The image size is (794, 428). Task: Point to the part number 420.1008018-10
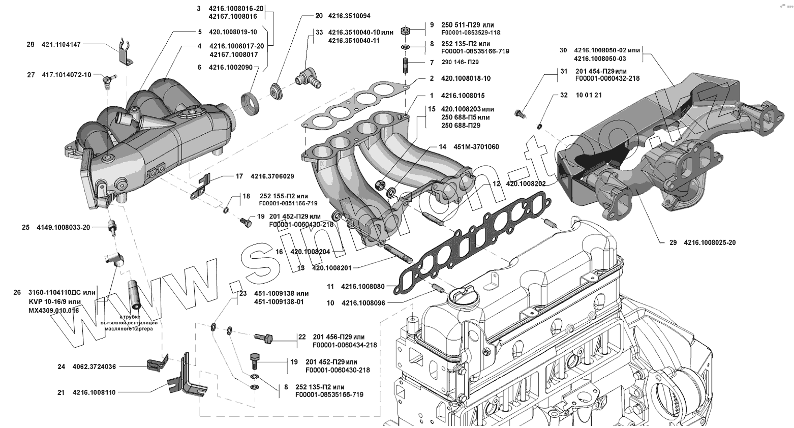(x=466, y=79)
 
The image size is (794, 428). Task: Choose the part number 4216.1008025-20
(x=710, y=242)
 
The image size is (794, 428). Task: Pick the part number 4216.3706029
(x=272, y=176)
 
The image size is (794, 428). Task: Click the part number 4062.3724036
(x=94, y=366)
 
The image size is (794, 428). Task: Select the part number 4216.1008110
(x=94, y=392)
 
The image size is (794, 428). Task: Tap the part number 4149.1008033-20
(x=64, y=227)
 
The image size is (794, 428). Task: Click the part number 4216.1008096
(x=363, y=303)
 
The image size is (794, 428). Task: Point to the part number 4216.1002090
(x=231, y=67)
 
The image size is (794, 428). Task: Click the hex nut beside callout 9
(x=406, y=30)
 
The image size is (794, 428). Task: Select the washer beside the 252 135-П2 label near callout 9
(x=406, y=47)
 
